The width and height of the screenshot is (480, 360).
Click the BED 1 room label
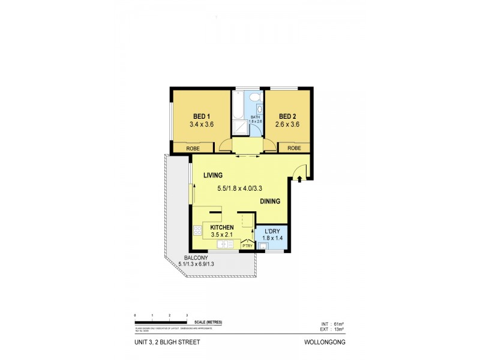click(202, 116)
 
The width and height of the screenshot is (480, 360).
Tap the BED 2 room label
click(287, 116)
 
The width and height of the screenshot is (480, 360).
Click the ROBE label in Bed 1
click(193, 148)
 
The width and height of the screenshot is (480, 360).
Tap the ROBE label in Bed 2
click(294, 148)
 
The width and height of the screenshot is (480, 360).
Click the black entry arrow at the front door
click(300, 179)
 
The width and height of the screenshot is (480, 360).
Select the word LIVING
click(212, 175)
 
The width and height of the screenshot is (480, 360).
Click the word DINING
click(271, 202)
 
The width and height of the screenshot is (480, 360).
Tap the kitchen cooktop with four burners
click(197, 230)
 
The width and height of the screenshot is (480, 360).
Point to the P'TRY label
click(247, 245)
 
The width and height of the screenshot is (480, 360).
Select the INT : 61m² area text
click(334, 324)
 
